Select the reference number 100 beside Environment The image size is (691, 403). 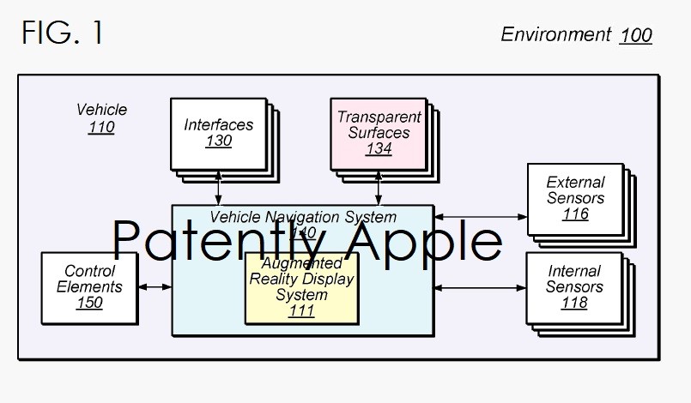pos(635,35)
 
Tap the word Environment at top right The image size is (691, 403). pos(555,34)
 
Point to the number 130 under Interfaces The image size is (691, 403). pos(218,141)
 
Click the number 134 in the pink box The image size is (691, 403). pos(379,149)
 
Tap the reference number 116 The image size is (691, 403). pos(575,214)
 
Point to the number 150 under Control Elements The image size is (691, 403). pos(89,303)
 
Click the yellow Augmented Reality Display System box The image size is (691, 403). pos(300,287)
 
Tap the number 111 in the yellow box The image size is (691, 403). pos(301,311)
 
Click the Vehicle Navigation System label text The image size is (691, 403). pos(303,217)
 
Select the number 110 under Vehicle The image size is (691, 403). pos(101,128)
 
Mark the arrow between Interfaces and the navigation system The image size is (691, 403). pos(219,188)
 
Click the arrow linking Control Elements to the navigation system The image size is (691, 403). pos(155,286)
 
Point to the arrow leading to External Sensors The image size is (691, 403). pos(480,218)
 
